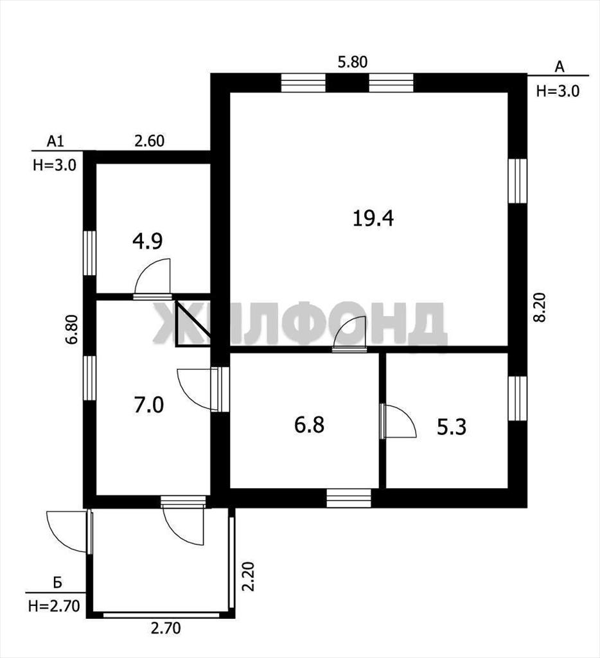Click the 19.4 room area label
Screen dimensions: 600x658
(373, 218)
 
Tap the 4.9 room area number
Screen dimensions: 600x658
(147, 242)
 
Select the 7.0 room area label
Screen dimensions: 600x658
(149, 405)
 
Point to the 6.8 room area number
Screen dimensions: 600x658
(309, 425)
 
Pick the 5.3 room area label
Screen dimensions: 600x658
(452, 427)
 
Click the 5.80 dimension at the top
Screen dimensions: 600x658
(353, 62)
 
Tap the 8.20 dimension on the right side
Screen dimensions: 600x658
(540, 307)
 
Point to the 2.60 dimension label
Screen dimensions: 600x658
(150, 141)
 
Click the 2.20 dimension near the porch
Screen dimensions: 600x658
(249, 576)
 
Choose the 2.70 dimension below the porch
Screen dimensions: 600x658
(166, 628)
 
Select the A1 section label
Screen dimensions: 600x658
(55, 141)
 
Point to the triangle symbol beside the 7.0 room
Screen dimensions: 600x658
(193, 324)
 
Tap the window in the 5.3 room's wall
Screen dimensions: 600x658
(517, 398)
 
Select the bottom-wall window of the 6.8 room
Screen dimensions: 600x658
(349, 498)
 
